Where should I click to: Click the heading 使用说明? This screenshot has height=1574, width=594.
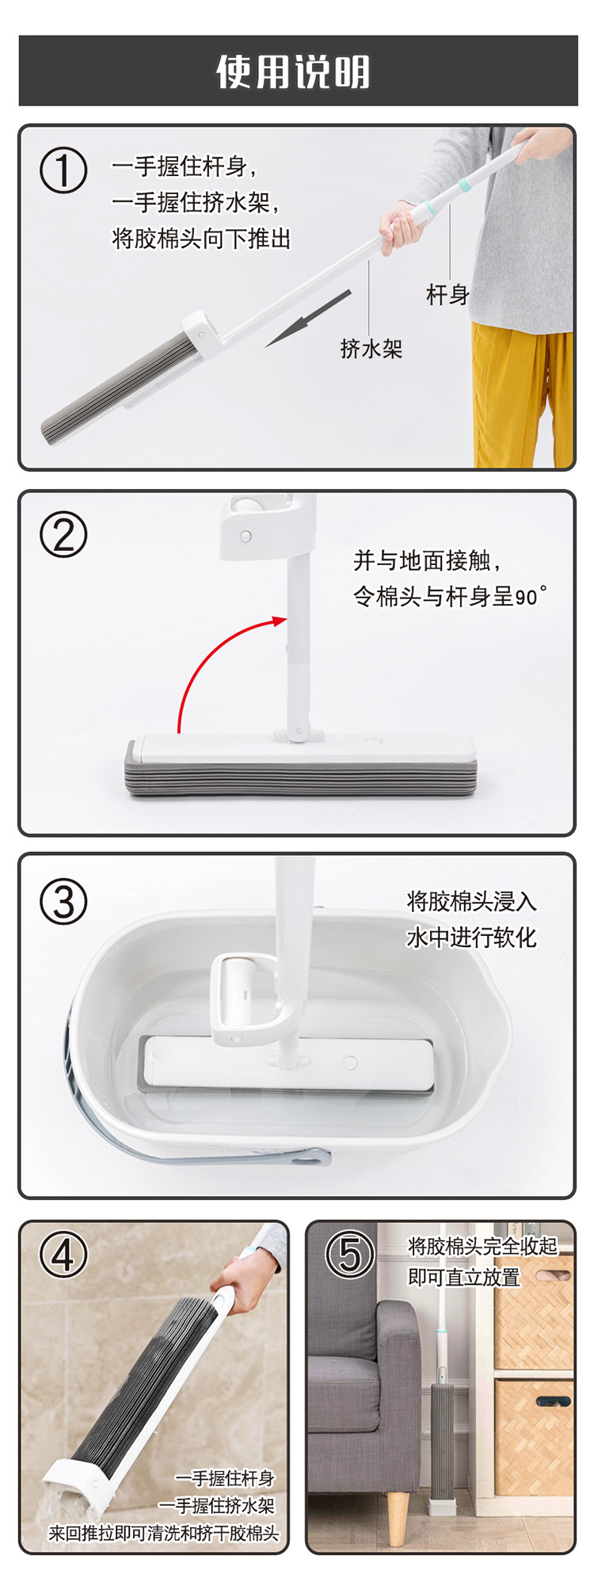[294, 72]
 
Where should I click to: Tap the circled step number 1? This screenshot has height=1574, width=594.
[63, 170]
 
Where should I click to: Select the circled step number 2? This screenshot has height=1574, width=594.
[63, 535]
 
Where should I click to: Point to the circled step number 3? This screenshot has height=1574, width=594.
[63, 902]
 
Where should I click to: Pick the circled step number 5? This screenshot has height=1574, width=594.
[350, 1255]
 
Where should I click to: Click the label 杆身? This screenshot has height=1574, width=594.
[448, 295]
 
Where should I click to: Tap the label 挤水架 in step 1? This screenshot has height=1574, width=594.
[371, 348]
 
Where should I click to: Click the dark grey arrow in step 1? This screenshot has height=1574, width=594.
[308, 318]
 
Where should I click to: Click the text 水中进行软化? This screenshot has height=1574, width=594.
[471, 938]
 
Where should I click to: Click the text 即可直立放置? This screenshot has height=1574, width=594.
[464, 1277]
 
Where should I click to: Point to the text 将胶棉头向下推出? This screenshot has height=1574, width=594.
[201, 238]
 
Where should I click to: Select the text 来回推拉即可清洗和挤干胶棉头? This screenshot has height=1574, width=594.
[164, 1533]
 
